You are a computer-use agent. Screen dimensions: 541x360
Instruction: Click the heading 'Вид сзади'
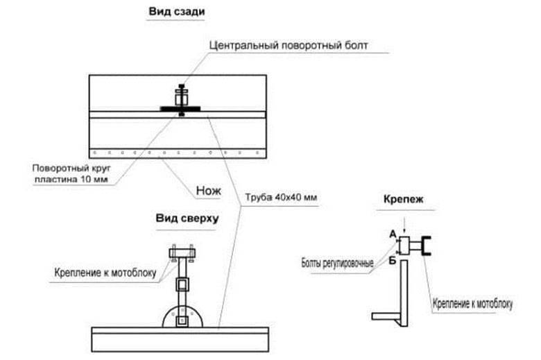[x=177, y=11]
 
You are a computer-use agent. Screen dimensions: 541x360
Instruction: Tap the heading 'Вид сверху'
[x=187, y=218]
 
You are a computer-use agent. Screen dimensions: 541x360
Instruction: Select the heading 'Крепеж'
[x=404, y=199]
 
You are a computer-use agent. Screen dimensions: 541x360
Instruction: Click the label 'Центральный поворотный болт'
[x=289, y=45]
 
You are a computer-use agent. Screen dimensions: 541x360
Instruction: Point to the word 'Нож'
[x=208, y=191]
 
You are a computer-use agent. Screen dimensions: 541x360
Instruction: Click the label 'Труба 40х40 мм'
[x=281, y=198]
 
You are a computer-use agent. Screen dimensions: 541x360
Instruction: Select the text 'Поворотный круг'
[x=71, y=169]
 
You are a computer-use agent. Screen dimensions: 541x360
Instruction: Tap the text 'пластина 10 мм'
[x=71, y=180]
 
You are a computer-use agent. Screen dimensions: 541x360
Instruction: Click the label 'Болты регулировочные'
[x=337, y=264]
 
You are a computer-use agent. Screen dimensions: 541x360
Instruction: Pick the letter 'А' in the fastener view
[x=393, y=234]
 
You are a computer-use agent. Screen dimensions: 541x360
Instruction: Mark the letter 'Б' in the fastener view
[x=393, y=260]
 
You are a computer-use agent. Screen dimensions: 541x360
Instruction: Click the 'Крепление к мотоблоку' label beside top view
[x=105, y=273]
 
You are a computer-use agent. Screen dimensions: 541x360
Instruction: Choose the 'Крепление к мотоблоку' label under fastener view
[x=472, y=303]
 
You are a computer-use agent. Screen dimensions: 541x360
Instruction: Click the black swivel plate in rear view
[x=180, y=109]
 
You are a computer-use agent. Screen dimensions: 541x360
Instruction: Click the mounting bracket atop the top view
[x=182, y=253]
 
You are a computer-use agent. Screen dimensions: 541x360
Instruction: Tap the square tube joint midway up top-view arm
[x=182, y=285]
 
